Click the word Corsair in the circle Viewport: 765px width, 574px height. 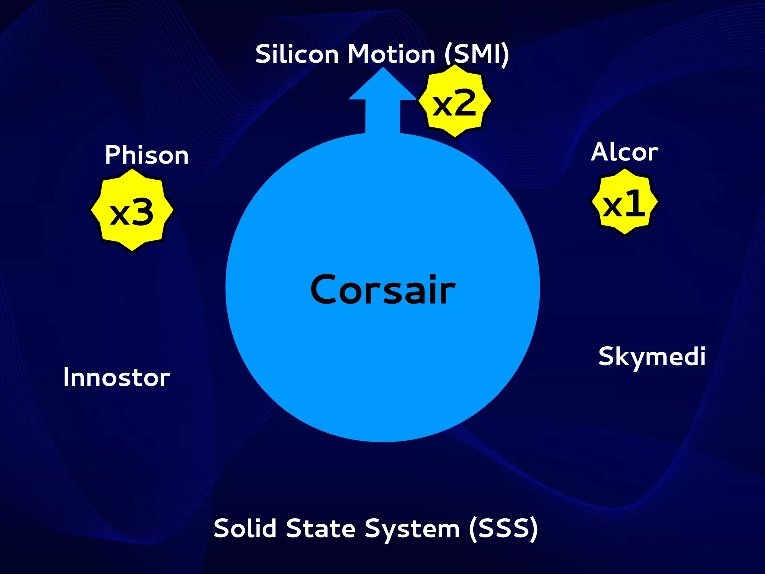pos(383,290)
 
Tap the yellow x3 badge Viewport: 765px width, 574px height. pos(132,211)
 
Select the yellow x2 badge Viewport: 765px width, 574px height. pos(455,101)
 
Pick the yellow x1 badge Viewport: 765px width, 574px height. pos(625,202)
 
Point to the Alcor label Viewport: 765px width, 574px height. pos(625,152)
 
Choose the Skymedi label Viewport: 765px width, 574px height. pos(652,357)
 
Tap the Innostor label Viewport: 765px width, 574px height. pos(117,377)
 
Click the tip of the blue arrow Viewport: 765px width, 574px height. pos(382,69)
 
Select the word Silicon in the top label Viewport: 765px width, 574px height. pos(297,55)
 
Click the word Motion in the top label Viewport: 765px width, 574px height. pos(391,55)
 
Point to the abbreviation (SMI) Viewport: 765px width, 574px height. pos(477,55)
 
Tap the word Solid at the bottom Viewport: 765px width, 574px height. pos(247,528)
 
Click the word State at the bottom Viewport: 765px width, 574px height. pos(321,528)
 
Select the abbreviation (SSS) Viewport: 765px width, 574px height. pos(503,529)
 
